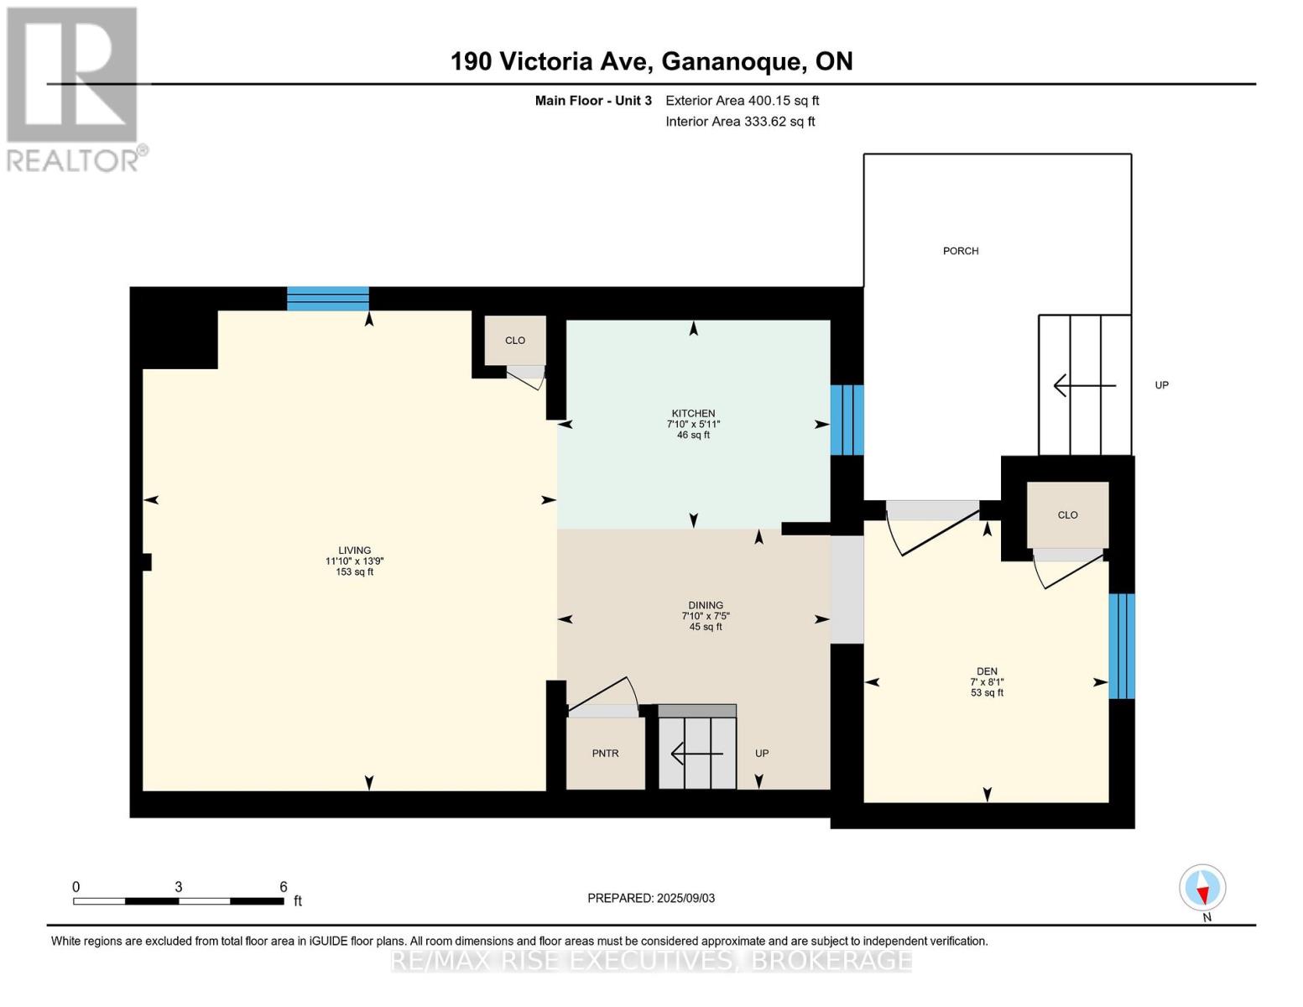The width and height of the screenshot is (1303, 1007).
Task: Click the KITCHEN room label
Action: coord(693,413)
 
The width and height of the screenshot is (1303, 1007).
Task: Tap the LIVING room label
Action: coord(354,550)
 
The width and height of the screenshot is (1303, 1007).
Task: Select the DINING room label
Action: coord(706,605)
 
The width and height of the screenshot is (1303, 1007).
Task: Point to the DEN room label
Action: coord(987,671)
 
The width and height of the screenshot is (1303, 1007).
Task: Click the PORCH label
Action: coord(961,251)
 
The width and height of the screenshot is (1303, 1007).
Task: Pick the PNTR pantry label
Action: coord(605,754)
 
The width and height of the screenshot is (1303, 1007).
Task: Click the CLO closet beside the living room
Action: coord(515,341)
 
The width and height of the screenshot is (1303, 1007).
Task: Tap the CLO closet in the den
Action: coord(1067,514)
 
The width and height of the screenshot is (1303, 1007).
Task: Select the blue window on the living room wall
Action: coord(328,299)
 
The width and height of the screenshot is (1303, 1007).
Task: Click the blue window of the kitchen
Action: coord(847,420)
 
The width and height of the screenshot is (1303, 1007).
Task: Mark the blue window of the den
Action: coord(1121,646)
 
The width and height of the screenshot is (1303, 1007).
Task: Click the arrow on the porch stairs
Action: coord(1085,385)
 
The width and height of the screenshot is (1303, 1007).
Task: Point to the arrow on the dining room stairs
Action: coord(696,754)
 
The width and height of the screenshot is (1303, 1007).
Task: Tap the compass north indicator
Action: coord(1202,888)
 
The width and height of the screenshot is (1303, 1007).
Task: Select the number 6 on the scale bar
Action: coord(284,886)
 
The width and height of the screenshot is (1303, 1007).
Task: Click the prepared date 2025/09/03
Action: coord(685,898)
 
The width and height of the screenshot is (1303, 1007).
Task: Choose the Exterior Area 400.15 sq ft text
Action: coord(743,101)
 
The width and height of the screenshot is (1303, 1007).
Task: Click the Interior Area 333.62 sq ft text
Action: coord(741,121)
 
